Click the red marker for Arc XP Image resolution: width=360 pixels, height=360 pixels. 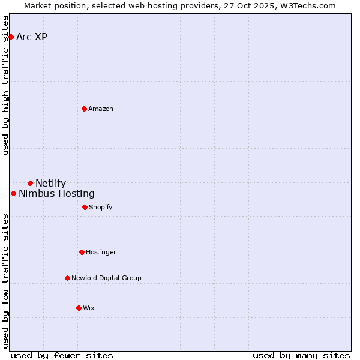tap(11, 37)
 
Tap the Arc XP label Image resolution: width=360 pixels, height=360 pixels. tap(32, 37)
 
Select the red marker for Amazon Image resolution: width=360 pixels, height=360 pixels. tap(84, 109)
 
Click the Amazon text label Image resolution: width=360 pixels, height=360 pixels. tap(101, 109)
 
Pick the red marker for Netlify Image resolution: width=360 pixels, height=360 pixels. tap(30, 183)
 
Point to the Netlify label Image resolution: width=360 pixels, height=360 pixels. tap(51, 183)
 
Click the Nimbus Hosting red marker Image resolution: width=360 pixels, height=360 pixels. tap(13, 193)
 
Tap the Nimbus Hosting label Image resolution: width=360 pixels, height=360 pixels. tap(56, 193)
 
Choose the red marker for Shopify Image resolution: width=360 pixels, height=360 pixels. tap(85, 207)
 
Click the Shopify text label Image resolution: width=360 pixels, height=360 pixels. tap(101, 207)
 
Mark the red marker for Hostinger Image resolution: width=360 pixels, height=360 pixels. tap(82, 252)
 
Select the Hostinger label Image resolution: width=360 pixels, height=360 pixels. tap(101, 252)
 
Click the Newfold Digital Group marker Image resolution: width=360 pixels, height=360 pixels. tap(67, 278)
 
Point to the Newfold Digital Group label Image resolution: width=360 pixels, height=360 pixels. tap(106, 278)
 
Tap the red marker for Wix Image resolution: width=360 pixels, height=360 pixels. tap(79, 308)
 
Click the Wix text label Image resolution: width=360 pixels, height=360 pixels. tap(89, 308)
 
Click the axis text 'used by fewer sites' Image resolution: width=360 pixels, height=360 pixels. tap(62, 355)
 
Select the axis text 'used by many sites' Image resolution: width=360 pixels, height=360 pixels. tap(301, 355)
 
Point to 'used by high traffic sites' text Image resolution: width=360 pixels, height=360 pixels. tap(5, 85)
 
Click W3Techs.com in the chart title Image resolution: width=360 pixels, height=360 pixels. tap(308, 5)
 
